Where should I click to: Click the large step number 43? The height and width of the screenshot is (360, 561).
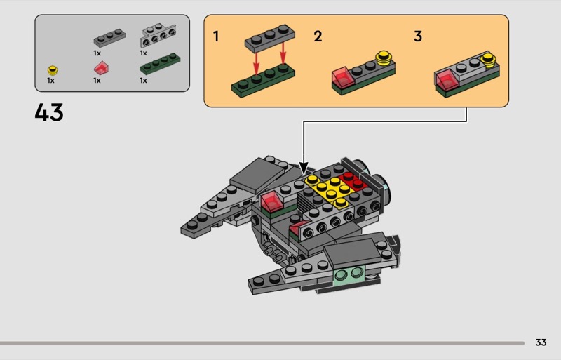pyautogui.click(x=49, y=112)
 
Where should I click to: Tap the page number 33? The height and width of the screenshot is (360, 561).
pyautogui.click(x=541, y=342)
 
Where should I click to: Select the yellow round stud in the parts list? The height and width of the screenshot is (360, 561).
pyautogui.click(x=53, y=70)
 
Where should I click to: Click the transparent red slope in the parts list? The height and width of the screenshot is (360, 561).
pyautogui.click(x=101, y=68)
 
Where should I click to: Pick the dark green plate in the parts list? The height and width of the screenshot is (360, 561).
pyautogui.click(x=160, y=63)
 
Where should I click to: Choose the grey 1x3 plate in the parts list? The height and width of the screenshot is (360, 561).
pyautogui.click(x=109, y=38)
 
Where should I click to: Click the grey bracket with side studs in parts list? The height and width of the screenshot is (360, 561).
pyautogui.click(x=158, y=36)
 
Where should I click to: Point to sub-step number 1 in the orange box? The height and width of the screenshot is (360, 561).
pyautogui.click(x=216, y=36)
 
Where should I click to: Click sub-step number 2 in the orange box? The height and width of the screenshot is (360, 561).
pyautogui.click(x=318, y=36)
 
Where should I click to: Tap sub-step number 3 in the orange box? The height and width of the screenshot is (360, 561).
pyautogui.click(x=418, y=36)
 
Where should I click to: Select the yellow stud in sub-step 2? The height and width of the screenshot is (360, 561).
pyautogui.click(x=384, y=57)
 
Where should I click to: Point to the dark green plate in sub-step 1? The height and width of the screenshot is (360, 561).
pyautogui.click(x=263, y=81)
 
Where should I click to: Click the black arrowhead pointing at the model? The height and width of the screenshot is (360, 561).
pyautogui.click(x=304, y=168)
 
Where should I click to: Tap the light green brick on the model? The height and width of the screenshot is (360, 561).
pyautogui.click(x=349, y=276)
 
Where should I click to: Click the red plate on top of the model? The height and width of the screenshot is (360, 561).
pyautogui.click(x=353, y=181)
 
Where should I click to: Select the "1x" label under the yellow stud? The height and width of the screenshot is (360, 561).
pyautogui.click(x=50, y=81)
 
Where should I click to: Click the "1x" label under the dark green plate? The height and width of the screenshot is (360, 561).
pyautogui.click(x=143, y=81)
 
